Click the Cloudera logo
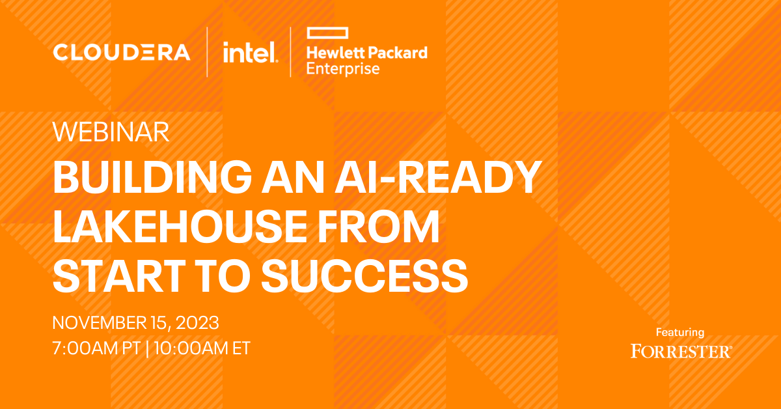pos(122,52)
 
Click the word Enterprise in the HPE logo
pos(342,68)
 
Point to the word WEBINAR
pos(111,132)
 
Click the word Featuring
pos(680,333)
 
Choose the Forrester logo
pos(681,351)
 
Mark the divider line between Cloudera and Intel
pos(208,52)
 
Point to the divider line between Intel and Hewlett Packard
pos(291,52)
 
